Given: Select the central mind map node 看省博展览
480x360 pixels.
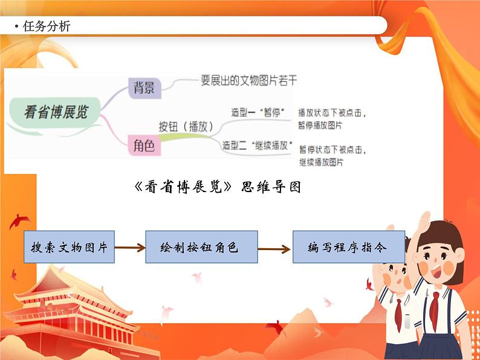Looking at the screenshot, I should pyautogui.click(x=56, y=112).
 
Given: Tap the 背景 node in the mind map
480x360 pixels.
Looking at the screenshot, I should pyautogui.click(x=144, y=88).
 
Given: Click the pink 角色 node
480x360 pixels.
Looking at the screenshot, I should pyautogui.click(x=143, y=145).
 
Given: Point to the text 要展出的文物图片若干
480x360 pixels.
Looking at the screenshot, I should pyautogui.click(x=248, y=80).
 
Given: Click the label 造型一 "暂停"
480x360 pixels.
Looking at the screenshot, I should pyautogui.click(x=258, y=112).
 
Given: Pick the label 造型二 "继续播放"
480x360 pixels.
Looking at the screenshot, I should pyautogui.click(x=258, y=145).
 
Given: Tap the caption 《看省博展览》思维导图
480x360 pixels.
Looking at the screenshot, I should pyautogui.click(x=216, y=187).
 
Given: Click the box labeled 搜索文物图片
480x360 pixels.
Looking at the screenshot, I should pyautogui.click(x=69, y=247).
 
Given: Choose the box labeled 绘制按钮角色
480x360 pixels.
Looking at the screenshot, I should pyautogui.click(x=201, y=247).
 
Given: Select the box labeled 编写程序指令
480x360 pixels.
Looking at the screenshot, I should pyautogui.click(x=348, y=247).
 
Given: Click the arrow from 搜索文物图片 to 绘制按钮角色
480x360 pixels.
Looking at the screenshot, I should pyautogui.click(x=129, y=247).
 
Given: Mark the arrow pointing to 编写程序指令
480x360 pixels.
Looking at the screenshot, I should pyautogui.click(x=275, y=247).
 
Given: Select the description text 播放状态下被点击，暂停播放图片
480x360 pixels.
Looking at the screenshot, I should pyautogui.click(x=332, y=119).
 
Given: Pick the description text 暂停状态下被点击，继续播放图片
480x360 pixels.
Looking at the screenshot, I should pyautogui.click(x=332, y=156).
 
